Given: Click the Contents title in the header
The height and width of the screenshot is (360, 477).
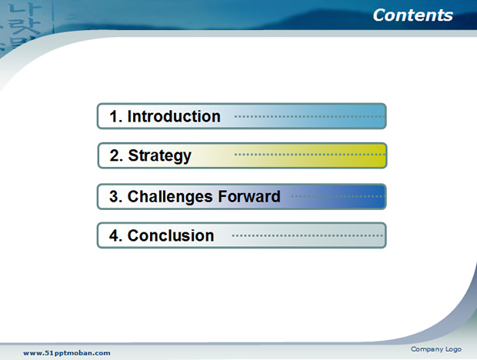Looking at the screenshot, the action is click(413, 15).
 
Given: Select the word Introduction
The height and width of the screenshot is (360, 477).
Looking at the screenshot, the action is click(174, 116).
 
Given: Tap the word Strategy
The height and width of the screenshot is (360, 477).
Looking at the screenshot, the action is click(160, 156).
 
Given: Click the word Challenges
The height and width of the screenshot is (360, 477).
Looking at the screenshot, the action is click(170, 196).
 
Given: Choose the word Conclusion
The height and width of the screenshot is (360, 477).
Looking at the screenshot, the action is click(171, 235).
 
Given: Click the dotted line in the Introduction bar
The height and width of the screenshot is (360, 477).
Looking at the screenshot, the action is click(310, 116).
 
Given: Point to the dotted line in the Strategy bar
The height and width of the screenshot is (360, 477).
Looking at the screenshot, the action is click(310, 155).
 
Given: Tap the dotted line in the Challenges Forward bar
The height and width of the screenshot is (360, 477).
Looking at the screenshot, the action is click(338, 196).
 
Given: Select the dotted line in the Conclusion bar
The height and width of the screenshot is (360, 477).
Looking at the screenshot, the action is click(308, 235).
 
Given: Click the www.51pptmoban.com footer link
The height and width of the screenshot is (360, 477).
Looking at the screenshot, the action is click(67, 353).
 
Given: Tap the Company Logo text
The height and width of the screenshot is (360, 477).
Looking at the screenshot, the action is click(436, 349).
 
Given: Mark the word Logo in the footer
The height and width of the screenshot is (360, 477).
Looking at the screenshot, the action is click(454, 350).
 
